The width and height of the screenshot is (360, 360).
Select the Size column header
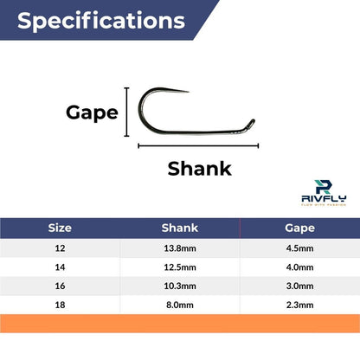pyautogui.click(x=60, y=228)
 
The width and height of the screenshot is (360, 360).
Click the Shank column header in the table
pyautogui.click(x=180, y=228)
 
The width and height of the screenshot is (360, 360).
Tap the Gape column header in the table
pyautogui.click(x=299, y=228)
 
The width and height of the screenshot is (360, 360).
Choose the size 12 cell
pyautogui.click(x=60, y=248)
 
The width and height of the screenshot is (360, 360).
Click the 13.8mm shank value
pyautogui.click(x=180, y=248)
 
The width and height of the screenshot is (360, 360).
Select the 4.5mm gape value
pyautogui.click(x=299, y=248)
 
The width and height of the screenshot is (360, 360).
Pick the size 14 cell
pyautogui.click(x=60, y=267)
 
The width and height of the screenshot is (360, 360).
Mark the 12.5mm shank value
pyautogui.click(x=180, y=267)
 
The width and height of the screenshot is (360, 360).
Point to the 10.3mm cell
pyautogui.click(x=180, y=286)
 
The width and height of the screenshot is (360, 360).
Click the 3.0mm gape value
pyautogui.click(x=299, y=286)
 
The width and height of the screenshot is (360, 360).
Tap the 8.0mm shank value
pyautogui.click(x=180, y=305)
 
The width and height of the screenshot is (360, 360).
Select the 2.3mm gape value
pyautogui.click(x=299, y=305)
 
